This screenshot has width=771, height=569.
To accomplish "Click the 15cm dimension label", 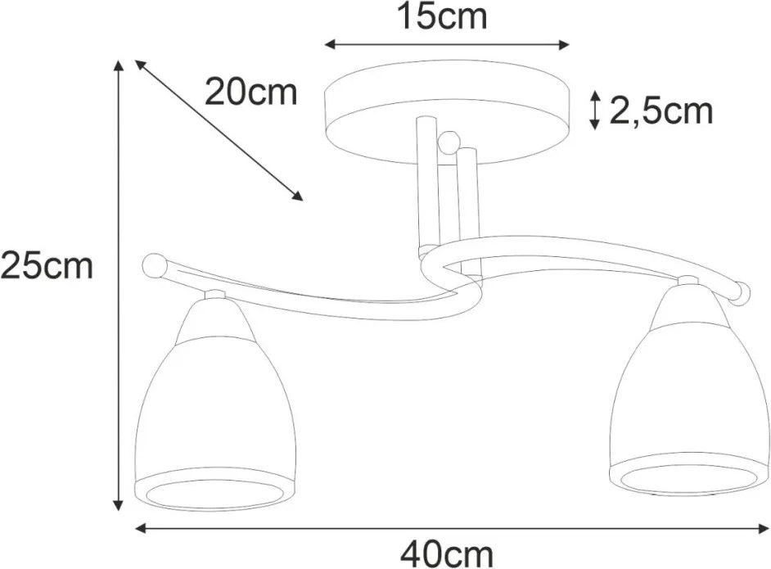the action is (441, 16).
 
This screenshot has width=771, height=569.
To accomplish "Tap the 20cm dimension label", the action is (250, 92).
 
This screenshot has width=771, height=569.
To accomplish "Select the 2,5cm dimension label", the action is (661, 112).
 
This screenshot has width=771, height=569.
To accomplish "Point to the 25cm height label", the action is (47, 266).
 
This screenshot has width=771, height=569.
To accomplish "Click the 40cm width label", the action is (446, 555).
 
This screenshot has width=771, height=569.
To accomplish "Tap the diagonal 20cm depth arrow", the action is (219, 130).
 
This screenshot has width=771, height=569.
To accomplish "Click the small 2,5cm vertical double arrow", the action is (595, 111).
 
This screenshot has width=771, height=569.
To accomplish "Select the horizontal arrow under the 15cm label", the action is (446, 45).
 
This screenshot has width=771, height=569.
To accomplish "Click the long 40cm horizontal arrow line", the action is (452, 528).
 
